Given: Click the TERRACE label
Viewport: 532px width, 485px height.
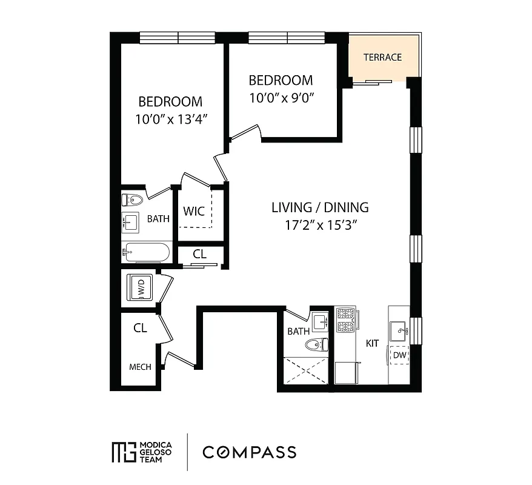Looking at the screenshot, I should (382, 58).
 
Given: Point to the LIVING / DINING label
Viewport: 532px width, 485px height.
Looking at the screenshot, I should (319, 207).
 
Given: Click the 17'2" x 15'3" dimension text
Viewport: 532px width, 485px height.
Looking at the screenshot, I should (319, 225).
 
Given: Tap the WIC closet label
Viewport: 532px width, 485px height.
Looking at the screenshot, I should (193, 212).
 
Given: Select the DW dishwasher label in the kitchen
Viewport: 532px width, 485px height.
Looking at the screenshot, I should (399, 355).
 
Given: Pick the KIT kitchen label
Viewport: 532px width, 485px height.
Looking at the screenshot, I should (372, 343).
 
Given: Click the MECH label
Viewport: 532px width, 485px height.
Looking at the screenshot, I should (139, 367).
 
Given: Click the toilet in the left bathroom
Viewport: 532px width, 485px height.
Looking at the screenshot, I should (133, 199).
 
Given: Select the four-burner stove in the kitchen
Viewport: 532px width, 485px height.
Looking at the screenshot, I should (345, 320).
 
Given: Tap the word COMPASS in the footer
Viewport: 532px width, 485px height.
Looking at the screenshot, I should (249, 452).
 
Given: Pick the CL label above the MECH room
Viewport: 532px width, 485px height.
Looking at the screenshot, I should (140, 328).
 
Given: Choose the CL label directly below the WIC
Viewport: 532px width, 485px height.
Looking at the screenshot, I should (199, 254).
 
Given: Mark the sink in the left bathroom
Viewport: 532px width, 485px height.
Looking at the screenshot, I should (131, 222).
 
